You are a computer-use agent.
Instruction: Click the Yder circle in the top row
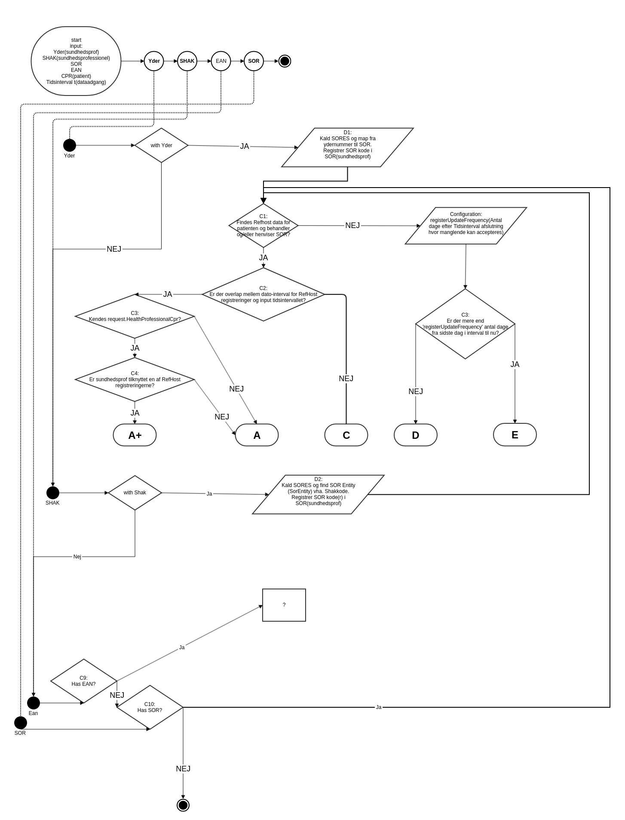coord(154,61)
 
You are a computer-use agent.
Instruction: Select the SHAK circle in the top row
coord(187,61)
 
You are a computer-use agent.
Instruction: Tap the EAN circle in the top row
coord(221,61)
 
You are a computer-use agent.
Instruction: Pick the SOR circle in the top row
coord(254,61)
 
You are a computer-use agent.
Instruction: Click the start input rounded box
coord(76,61)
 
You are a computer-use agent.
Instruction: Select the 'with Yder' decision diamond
coord(161,145)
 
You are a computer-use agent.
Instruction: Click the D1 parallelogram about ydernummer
coord(347,148)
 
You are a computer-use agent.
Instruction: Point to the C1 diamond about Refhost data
coord(263,225)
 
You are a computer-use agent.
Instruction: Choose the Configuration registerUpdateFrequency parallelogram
coord(466,226)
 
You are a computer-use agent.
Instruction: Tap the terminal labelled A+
coord(135,435)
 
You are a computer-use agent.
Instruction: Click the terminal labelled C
coord(346,435)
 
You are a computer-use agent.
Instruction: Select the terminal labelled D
coord(415,435)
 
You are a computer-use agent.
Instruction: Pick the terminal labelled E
coord(515,435)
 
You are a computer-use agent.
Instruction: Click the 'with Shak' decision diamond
coord(135,493)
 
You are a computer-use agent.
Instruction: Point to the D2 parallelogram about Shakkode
coord(318,494)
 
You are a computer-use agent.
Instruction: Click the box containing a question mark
coord(284,605)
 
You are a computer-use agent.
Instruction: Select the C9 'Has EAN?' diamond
coord(84,681)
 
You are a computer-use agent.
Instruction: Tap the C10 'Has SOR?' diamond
coord(150,707)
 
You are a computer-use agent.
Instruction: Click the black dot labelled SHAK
coord(53,493)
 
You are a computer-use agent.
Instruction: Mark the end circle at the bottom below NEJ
coord(183,805)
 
